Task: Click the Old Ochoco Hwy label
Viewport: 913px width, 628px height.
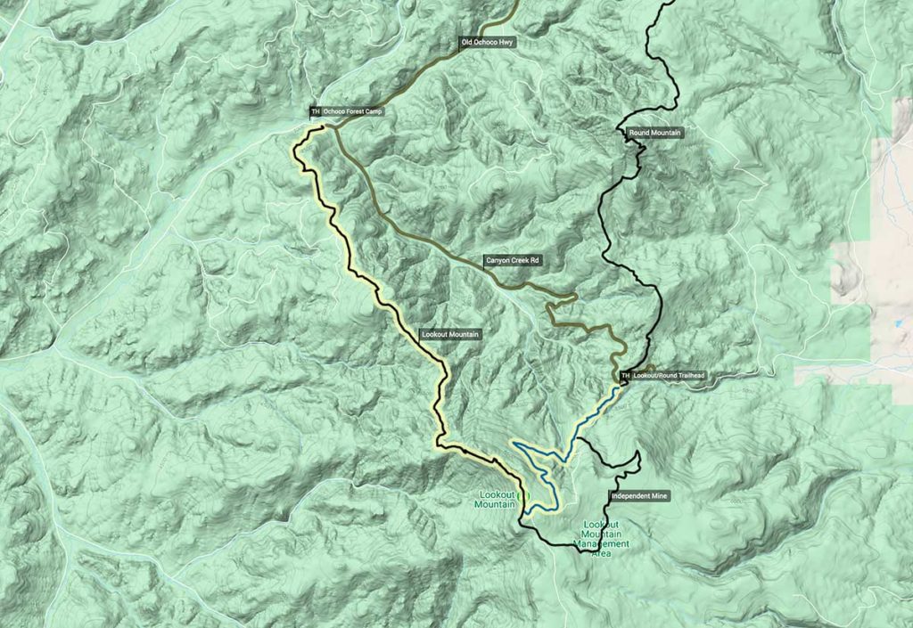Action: tap(488, 42)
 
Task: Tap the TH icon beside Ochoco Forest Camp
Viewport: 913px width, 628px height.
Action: tap(315, 112)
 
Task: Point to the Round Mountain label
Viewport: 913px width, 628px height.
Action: tap(655, 133)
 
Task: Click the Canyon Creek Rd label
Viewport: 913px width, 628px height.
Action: tap(514, 261)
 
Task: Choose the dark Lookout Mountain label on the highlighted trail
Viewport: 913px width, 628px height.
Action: tap(450, 334)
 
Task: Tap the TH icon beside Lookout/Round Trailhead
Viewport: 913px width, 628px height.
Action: tap(625, 376)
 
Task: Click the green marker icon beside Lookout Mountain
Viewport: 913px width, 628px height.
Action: tap(523, 495)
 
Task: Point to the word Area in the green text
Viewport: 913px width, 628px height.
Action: tap(601, 553)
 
